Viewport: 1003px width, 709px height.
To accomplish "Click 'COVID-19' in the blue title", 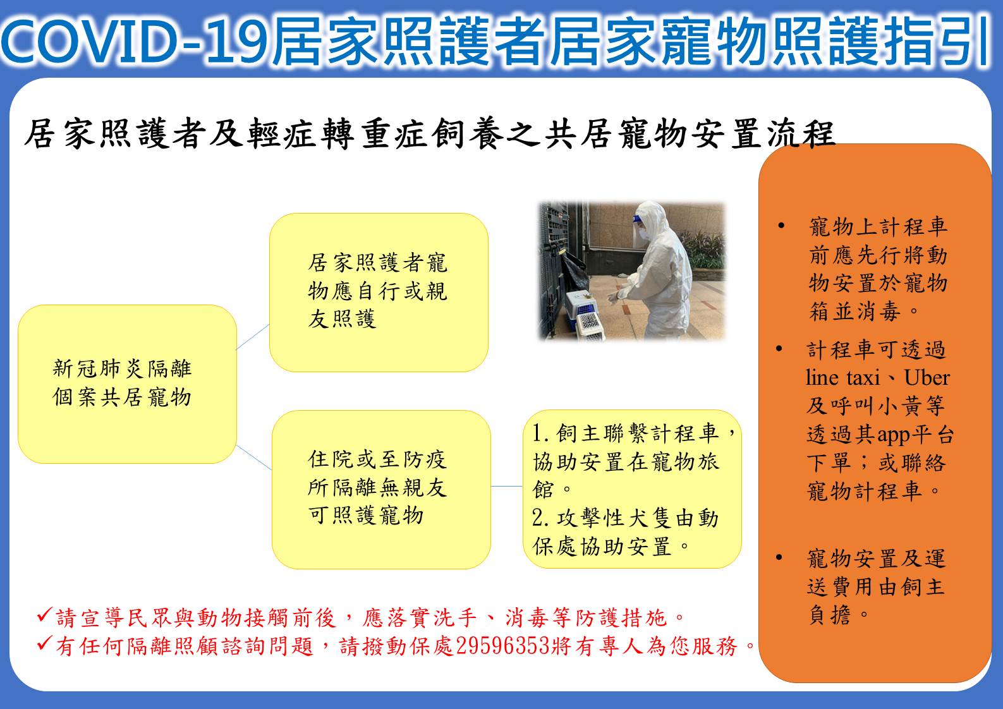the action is (x=135, y=40).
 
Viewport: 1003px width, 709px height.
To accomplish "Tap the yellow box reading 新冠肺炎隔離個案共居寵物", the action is (x=127, y=384).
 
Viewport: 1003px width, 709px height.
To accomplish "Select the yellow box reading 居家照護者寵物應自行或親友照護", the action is (x=379, y=293).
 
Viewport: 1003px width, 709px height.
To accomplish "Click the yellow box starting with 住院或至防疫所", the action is (x=381, y=490).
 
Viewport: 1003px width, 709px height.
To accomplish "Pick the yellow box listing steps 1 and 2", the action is (x=632, y=489).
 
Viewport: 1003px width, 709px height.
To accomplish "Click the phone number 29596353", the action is (x=502, y=646).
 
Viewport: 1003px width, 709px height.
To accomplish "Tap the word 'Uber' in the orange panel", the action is (x=927, y=377).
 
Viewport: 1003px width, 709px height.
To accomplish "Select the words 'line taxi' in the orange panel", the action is (x=842, y=377).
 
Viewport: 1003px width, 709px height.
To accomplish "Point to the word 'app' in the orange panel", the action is (x=893, y=435).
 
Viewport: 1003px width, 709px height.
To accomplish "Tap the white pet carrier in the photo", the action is (x=590, y=327).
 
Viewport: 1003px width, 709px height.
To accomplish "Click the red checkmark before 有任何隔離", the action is (x=45, y=643).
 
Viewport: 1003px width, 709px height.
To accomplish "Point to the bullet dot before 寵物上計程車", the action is (x=781, y=226).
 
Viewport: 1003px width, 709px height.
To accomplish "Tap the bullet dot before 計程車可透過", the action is (x=779, y=349).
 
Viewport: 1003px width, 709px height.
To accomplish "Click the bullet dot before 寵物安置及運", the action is (x=779, y=557).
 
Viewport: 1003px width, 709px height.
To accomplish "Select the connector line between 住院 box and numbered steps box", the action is (x=507, y=486).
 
